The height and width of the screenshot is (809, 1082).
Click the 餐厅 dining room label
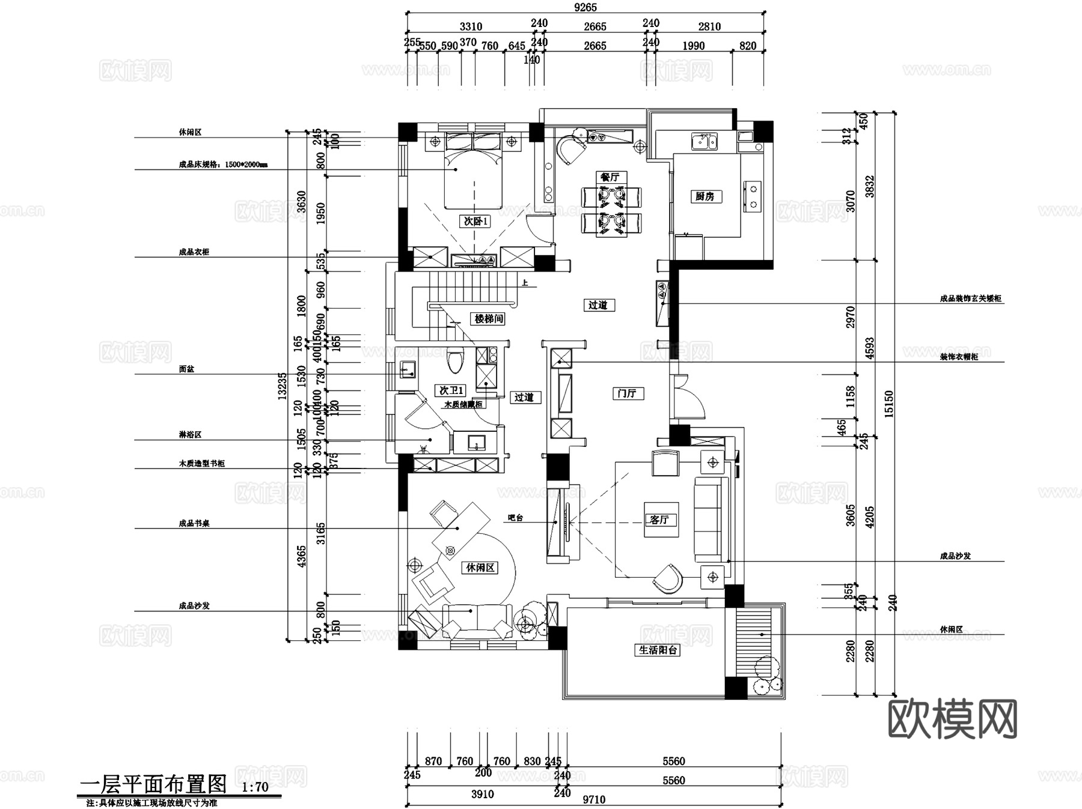pyautogui.click(x=610, y=177)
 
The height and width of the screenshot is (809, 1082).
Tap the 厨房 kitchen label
pyautogui.click(x=705, y=196)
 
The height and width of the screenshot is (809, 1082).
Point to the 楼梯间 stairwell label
pyautogui.click(x=488, y=319)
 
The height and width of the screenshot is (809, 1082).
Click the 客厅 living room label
pyautogui.click(x=659, y=520)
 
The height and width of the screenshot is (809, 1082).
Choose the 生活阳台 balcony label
pyautogui.click(x=658, y=650)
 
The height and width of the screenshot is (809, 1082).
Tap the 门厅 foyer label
pyautogui.click(x=626, y=393)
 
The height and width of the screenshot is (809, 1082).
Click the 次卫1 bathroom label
pyautogui.click(x=451, y=390)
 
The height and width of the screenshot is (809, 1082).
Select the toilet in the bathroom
pyautogui.click(x=456, y=360)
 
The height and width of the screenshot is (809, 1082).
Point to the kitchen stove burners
pyautogui.click(x=752, y=196)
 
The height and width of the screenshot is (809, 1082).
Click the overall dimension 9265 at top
pyautogui.click(x=585, y=7)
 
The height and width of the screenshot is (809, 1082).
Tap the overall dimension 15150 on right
pyautogui.click(x=889, y=404)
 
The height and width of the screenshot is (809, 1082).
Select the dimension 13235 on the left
pyautogui.click(x=282, y=386)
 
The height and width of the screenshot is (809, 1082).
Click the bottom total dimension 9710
pyautogui.click(x=594, y=799)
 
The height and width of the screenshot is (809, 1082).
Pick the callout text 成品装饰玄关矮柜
pyautogui.click(x=970, y=298)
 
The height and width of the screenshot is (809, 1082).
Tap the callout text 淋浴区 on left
pyautogui.click(x=190, y=434)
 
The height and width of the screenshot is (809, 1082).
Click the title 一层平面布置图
pyautogui.click(x=153, y=784)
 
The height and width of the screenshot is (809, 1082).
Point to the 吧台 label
pyautogui.click(x=516, y=518)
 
